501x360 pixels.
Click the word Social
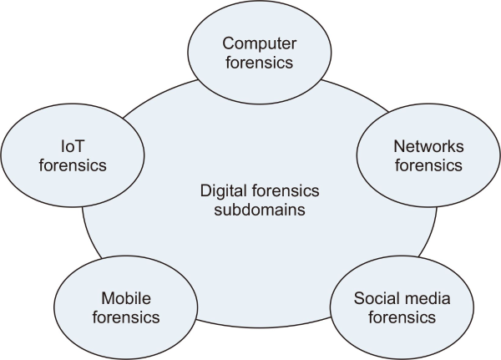pyautogui.click(x=375, y=297)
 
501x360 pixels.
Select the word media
pyautogui.click(x=417, y=297)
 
